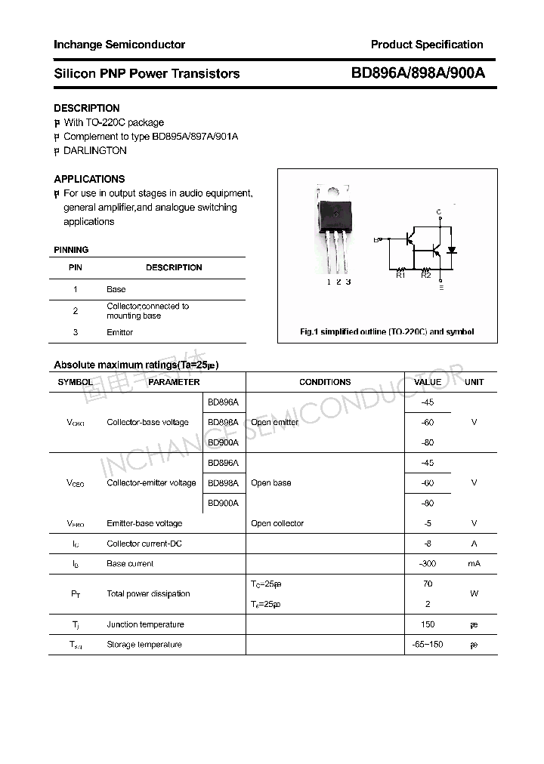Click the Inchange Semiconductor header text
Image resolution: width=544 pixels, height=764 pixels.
point(119,45)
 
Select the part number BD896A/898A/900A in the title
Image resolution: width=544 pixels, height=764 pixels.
point(418,73)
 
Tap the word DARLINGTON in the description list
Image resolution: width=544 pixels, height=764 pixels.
point(95,150)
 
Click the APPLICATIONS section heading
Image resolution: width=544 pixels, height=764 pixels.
point(89,179)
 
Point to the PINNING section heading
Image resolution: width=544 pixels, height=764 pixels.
point(71,250)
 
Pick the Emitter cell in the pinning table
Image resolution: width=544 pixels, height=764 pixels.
point(119,332)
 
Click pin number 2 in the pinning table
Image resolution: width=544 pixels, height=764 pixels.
point(76,310)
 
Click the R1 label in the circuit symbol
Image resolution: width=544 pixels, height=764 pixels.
point(400,276)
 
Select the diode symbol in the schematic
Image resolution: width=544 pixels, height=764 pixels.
point(452,250)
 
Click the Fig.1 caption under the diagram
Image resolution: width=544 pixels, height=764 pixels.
point(387,332)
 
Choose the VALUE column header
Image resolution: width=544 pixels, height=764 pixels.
point(428,382)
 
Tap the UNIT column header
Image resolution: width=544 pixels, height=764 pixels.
point(474,382)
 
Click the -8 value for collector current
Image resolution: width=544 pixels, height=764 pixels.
point(428,544)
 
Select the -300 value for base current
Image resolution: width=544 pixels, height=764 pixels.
point(428,564)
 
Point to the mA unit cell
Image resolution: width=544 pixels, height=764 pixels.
point(474,564)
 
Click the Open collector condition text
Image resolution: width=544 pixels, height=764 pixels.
point(277,523)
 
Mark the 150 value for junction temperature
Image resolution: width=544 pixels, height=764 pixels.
point(428,624)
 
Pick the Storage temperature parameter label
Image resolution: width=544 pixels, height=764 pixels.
point(144,645)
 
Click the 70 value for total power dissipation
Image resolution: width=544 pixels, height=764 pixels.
point(428,584)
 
